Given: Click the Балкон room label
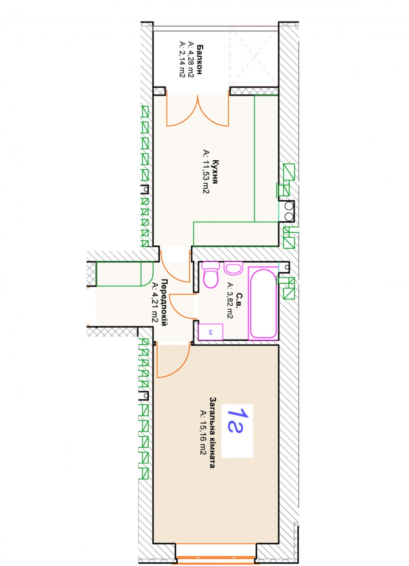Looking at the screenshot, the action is coord(200,59).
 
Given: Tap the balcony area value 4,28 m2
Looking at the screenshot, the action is coord(191,59).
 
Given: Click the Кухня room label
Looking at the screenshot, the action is coord(215,172).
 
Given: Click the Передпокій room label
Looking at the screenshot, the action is coord(164,303).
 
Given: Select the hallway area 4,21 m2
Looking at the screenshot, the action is coord(155,303).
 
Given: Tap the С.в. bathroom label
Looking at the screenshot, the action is coord(239,300).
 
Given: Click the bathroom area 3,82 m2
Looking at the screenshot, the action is coord(230,300).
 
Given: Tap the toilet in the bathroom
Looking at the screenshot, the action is coord(211,275).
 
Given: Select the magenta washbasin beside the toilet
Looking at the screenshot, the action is coord(233,268).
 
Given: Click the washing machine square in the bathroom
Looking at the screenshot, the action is coord(210,332).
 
